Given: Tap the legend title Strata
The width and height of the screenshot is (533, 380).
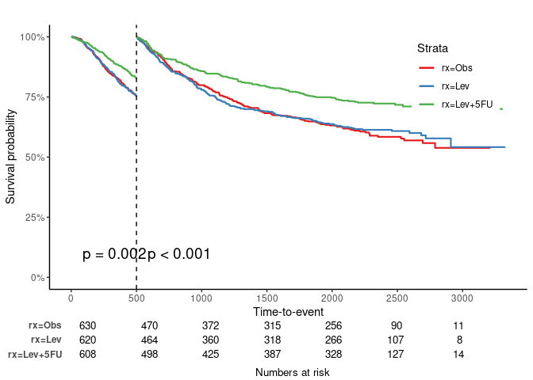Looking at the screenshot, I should point(434,48).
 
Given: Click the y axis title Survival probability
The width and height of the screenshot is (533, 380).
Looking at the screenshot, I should point(11,157).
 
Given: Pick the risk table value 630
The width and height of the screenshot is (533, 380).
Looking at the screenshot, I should point(87,325).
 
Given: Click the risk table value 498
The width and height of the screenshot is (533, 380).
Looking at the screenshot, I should point(149,354).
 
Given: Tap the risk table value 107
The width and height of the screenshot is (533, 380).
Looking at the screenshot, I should point(397,340).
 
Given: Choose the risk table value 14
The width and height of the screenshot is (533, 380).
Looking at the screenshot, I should point(458,354).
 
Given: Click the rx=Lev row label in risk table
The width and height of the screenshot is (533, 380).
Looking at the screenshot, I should point(45,340).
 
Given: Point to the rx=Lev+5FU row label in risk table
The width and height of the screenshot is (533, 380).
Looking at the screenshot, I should point(35,354).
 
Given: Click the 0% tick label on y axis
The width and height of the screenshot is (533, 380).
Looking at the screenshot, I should point(36,277).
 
